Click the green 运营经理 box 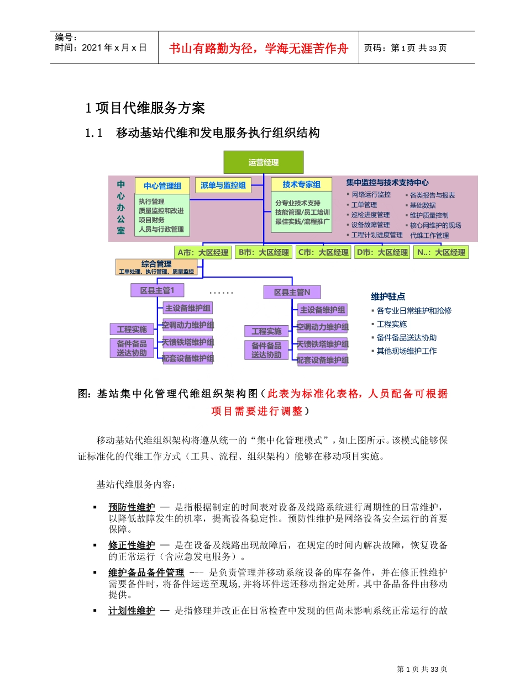(263, 162)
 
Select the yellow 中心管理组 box (162, 186)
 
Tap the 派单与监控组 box (223, 185)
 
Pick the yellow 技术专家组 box (301, 185)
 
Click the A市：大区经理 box (202, 252)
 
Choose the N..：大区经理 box (442, 252)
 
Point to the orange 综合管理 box (156, 267)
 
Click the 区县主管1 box (157, 290)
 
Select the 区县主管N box (292, 292)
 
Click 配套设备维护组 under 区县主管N (323, 360)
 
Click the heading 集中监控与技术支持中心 (387, 182)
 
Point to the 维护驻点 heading (388, 297)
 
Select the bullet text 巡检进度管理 (370, 215)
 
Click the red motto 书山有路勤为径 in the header (259, 48)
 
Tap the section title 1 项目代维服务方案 (145, 108)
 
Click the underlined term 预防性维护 (132, 507)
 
